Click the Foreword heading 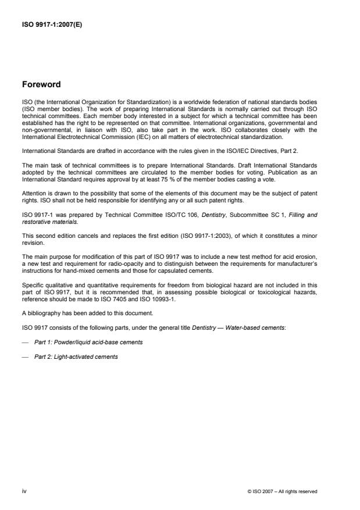pyautogui.click(x=42, y=85)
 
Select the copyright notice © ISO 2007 pyautogui.click(x=282, y=492)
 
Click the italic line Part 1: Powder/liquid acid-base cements pyautogui.click(x=88, y=342)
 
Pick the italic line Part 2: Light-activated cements pyautogui.click(x=76, y=356)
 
